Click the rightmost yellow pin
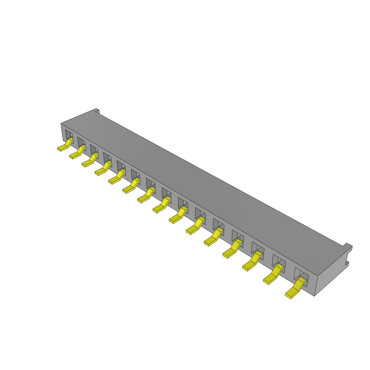pyautogui.click(x=296, y=288)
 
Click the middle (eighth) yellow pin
pyautogui.click(x=162, y=205)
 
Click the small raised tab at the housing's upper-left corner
pyautogui.click(x=96, y=111)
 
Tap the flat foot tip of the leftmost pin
pyautogui.click(x=60, y=149)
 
